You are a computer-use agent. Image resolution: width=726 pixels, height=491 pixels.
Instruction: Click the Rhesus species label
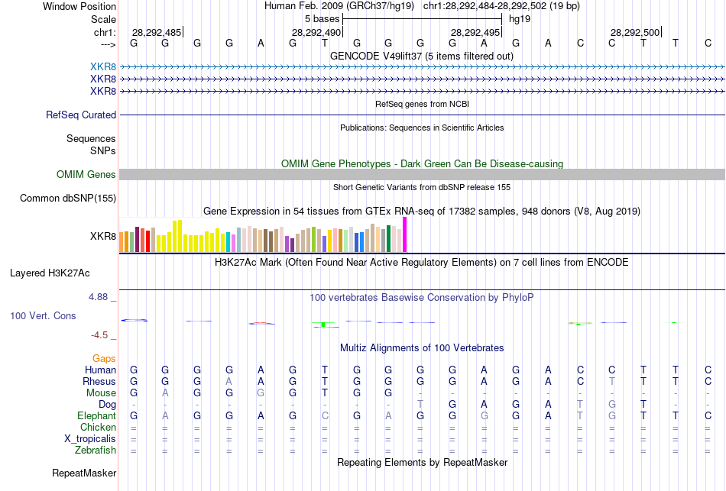(x=99, y=381)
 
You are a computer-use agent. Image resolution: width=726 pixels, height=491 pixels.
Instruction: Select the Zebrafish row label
(x=96, y=450)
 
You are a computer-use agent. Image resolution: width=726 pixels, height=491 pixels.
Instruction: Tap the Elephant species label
(x=96, y=415)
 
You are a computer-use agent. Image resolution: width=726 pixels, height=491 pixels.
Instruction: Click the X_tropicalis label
(x=90, y=438)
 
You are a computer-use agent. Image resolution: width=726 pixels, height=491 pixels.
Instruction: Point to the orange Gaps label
(x=104, y=358)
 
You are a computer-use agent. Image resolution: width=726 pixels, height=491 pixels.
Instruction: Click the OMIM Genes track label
(x=86, y=175)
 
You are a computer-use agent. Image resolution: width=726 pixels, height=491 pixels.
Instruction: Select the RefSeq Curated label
(x=81, y=115)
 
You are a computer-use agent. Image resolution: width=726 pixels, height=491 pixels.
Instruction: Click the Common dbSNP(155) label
(x=67, y=199)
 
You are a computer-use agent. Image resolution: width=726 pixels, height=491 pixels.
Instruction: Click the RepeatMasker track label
(x=84, y=473)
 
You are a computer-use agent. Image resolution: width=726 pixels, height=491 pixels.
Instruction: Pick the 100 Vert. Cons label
(x=43, y=315)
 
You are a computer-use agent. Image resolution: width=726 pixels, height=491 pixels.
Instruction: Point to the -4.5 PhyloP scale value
(x=102, y=334)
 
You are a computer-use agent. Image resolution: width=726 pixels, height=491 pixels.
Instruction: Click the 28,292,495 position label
(x=475, y=32)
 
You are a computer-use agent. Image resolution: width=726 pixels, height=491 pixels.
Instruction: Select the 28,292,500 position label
(x=635, y=32)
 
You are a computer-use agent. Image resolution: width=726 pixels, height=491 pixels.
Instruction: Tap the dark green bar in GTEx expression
(x=388, y=238)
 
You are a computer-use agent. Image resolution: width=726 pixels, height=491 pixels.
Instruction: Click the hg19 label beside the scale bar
(x=520, y=18)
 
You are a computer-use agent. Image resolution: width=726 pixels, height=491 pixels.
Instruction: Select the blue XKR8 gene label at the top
(x=103, y=66)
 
